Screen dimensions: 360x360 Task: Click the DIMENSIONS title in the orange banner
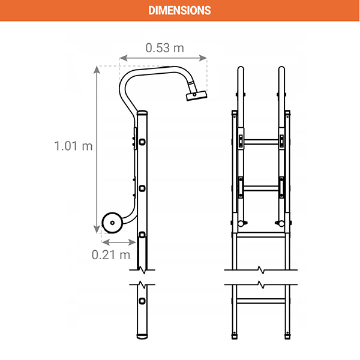(179, 11)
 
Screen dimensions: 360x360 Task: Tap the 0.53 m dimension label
(165, 48)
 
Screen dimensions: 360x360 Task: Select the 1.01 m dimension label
(73, 146)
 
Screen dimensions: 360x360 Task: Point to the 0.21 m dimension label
(111, 255)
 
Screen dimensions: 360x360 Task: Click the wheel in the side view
(112, 223)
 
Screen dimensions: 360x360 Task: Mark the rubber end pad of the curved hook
(197, 95)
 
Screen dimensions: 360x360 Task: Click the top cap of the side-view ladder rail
(142, 113)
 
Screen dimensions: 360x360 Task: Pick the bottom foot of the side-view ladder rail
(142, 337)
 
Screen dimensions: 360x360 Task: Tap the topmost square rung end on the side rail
(142, 142)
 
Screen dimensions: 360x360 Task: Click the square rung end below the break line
(142, 301)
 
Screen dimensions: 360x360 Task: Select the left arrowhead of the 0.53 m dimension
(124, 58)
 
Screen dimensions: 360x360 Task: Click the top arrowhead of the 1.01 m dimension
(97, 70)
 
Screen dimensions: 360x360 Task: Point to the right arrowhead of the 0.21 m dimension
(132, 242)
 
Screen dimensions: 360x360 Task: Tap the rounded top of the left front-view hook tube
(241, 69)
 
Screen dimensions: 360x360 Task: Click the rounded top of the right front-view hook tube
(281, 69)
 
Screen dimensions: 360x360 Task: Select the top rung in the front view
(261, 142)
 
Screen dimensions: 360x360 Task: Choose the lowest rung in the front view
(261, 301)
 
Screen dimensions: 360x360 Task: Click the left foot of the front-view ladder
(235, 337)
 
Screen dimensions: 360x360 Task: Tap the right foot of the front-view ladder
(287, 337)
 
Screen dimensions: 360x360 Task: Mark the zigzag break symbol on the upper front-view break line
(261, 270)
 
